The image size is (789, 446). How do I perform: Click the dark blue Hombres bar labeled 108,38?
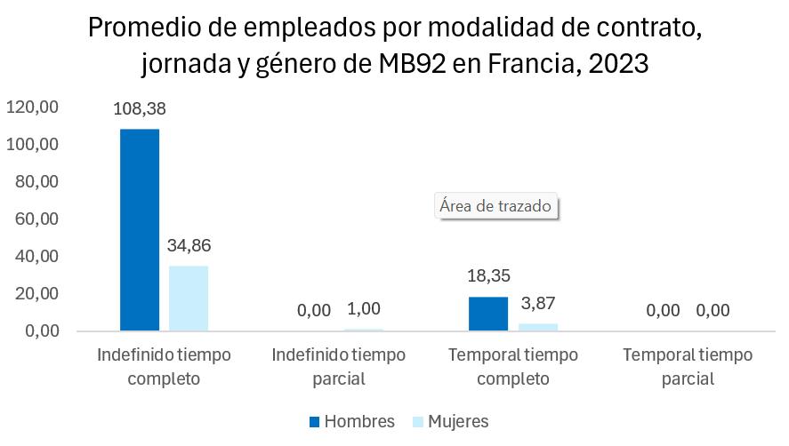pos(140,230)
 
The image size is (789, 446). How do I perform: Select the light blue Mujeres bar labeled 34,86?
pos(189,299)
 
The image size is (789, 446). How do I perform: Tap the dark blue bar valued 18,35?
pos(488,314)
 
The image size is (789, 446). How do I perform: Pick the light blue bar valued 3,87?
pos(538,327)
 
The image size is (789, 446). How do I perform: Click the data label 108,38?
pos(140,108)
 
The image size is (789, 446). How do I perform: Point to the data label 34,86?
pos(189,245)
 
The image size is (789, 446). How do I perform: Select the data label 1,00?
pos(364,308)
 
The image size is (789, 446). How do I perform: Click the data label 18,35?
pos(488,275)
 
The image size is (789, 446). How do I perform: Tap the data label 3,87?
pos(538,303)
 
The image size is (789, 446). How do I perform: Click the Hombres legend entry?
pos(352,421)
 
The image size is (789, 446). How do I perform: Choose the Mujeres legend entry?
pos(450,421)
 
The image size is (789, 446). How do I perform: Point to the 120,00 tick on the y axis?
pos(32,108)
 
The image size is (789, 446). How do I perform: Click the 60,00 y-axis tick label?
pos(36,219)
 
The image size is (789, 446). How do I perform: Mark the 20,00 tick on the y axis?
pos(36,293)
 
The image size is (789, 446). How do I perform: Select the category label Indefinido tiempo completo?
pos(164,367)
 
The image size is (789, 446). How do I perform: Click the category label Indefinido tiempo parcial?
pos(339,367)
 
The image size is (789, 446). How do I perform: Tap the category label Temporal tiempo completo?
pos(513,367)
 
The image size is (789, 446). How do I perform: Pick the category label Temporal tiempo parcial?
pos(688,367)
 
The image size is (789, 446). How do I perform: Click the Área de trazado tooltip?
pos(496,206)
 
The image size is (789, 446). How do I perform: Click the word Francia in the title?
pos(534,64)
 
